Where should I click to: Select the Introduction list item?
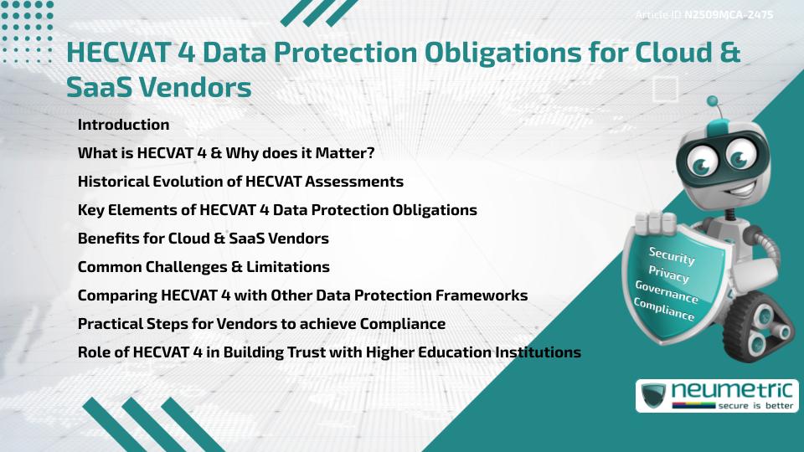pyautogui.click(x=123, y=125)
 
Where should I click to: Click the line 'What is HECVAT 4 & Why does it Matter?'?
pyautogui.click(x=225, y=153)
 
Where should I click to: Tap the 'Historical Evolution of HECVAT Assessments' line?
pyautogui.click(x=240, y=182)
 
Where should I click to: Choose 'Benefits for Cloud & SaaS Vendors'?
pyautogui.click(x=203, y=239)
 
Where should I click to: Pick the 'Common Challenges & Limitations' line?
pyautogui.click(x=204, y=267)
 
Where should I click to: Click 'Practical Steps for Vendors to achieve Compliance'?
pyautogui.click(x=261, y=324)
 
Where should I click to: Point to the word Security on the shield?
pyautogui.click(x=672, y=256)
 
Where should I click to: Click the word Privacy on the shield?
pyautogui.click(x=668, y=275)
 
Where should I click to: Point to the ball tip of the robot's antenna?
pyautogui.click(x=713, y=101)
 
